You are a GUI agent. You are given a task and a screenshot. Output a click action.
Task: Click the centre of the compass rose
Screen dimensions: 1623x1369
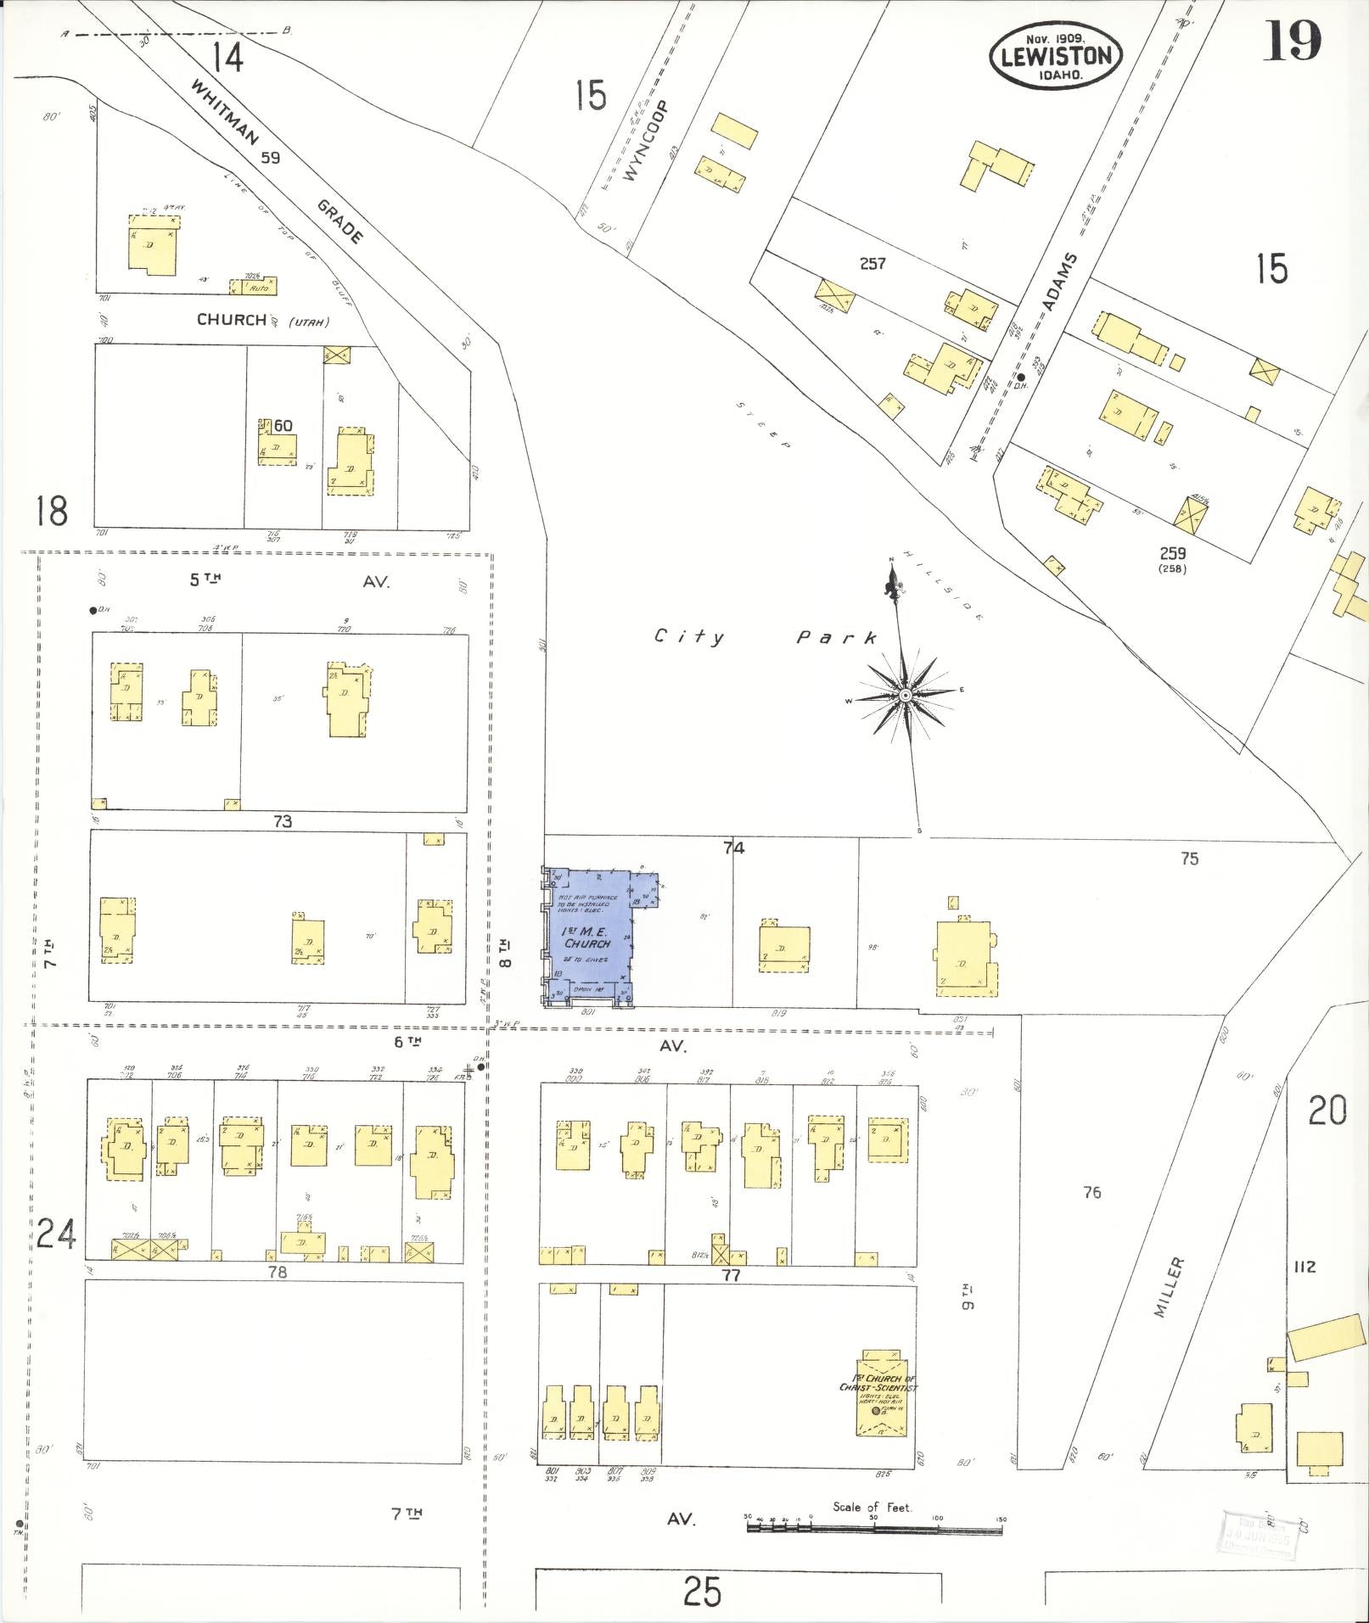[906, 696]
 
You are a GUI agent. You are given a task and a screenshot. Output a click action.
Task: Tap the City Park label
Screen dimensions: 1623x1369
[765, 637]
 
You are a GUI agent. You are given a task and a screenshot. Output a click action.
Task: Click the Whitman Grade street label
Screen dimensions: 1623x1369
[277, 160]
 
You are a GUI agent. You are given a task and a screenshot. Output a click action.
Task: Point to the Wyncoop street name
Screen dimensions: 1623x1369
[646, 141]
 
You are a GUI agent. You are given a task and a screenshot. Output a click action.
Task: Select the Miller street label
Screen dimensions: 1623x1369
[1169, 1286]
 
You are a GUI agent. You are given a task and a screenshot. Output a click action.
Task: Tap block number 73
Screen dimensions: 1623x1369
[283, 821]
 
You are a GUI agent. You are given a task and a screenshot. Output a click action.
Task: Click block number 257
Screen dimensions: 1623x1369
[872, 264]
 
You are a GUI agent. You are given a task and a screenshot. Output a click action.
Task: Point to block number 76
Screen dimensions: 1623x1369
[1091, 1192]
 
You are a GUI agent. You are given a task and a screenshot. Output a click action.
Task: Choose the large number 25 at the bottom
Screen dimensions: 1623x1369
[703, 1592]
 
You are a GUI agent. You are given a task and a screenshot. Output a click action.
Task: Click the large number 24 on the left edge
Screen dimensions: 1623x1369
[56, 1234]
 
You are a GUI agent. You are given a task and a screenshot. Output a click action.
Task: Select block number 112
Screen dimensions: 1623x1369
[1304, 1267]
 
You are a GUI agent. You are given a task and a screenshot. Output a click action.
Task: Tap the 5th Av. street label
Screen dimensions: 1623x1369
[289, 581]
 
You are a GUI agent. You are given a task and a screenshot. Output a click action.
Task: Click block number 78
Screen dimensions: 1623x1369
[278, 1272]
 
